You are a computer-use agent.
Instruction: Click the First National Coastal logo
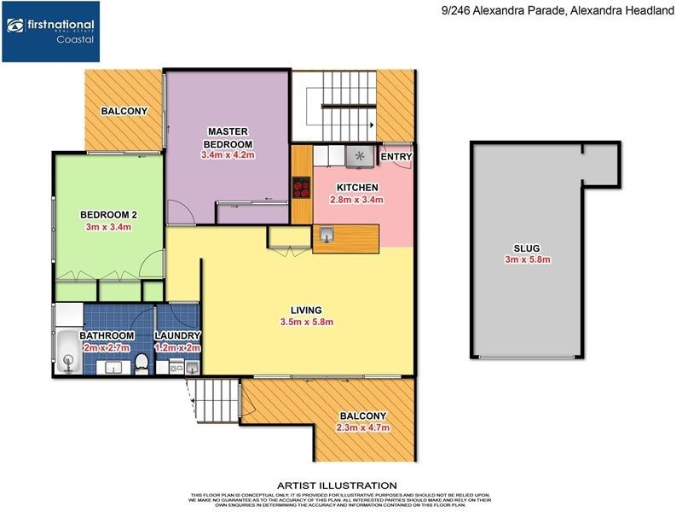pyautogui.click(x=51, y=32)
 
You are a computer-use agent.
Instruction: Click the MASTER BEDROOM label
pyautogui.click(x=228, y=137)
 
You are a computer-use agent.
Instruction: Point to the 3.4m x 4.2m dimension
pyautogui.click(x=228, y=155)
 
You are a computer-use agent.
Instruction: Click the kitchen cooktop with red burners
pyautogui.click(x=301, y=187)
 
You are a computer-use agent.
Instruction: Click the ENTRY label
pyautogui.click(x=396, y=157)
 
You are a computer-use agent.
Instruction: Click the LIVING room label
pyautogui.click(x=305, y=310)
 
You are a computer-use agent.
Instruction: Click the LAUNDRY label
pyautogui.click(x=177, y=336)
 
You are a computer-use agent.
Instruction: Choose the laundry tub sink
pyautogui.click(x=193, y=368)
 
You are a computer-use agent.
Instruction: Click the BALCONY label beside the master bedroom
pyautogui.click(x=124, y=111)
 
